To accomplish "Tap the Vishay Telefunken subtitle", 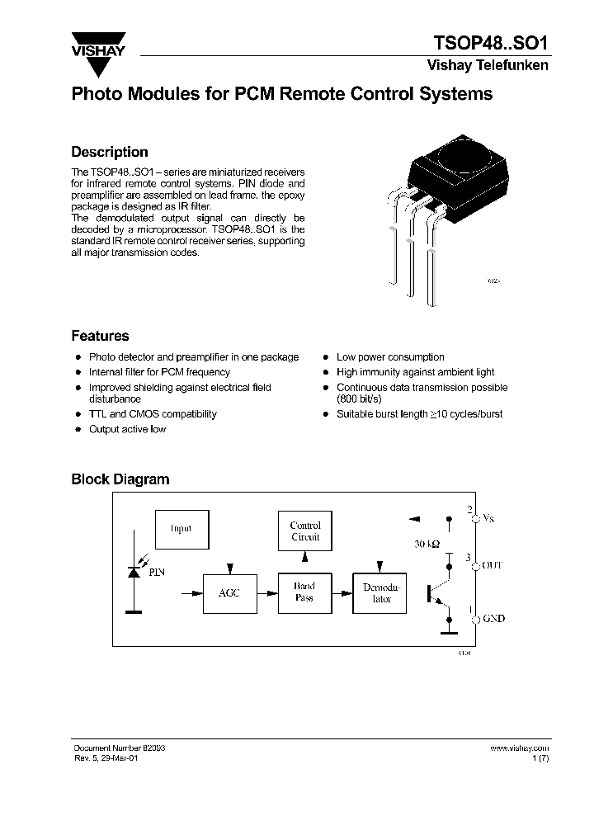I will (x=487, y=66).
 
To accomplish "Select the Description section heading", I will (x=110, y=152).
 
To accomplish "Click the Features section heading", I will (x=100, y=336).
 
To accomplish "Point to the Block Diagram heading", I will (x=120, y=479).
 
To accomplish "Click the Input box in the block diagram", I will (x=181, y=529).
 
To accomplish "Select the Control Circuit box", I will (x=304, y=531).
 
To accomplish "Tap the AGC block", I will (x=229, y=592).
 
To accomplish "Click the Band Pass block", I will (x=304, y=592).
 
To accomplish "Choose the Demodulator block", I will (x=380, y=592).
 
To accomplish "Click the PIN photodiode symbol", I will (x=132, y=573).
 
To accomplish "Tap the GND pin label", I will (x=493, y=618).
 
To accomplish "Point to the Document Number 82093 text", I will (x=119, y=748).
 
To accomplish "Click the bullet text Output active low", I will (x=127, y=429).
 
